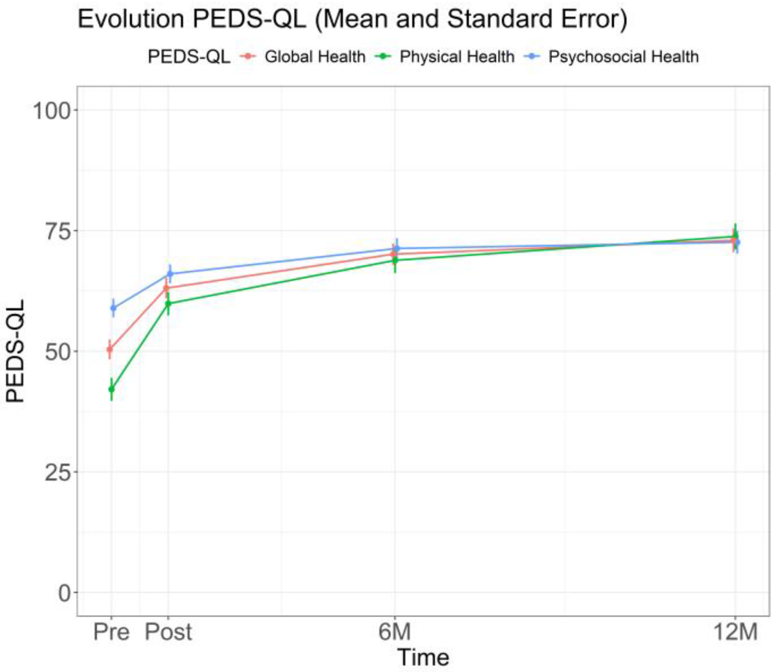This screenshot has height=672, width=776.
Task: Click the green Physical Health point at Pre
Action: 111,389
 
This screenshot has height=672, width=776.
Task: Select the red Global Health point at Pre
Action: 110,349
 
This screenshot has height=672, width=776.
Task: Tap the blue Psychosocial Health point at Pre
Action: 113,308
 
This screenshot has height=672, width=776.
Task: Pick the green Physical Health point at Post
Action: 168,303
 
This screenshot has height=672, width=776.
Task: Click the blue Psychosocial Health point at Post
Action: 170,274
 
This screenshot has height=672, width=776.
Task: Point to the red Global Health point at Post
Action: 166,288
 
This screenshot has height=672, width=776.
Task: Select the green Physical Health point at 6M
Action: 395,260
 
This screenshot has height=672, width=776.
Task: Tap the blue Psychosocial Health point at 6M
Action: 396,248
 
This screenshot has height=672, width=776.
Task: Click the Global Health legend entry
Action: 314,57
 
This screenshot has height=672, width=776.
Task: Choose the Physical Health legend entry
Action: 456,57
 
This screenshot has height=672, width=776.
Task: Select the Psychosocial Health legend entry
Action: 623,57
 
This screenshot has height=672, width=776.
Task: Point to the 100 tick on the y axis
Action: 52,111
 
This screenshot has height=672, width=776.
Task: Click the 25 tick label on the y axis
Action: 58,472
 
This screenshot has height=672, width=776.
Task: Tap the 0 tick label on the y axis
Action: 65,593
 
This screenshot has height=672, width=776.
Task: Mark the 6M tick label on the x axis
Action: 394,632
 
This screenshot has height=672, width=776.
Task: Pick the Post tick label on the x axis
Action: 168,632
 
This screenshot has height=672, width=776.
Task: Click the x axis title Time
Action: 423,657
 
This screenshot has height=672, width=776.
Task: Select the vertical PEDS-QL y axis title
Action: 16,351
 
